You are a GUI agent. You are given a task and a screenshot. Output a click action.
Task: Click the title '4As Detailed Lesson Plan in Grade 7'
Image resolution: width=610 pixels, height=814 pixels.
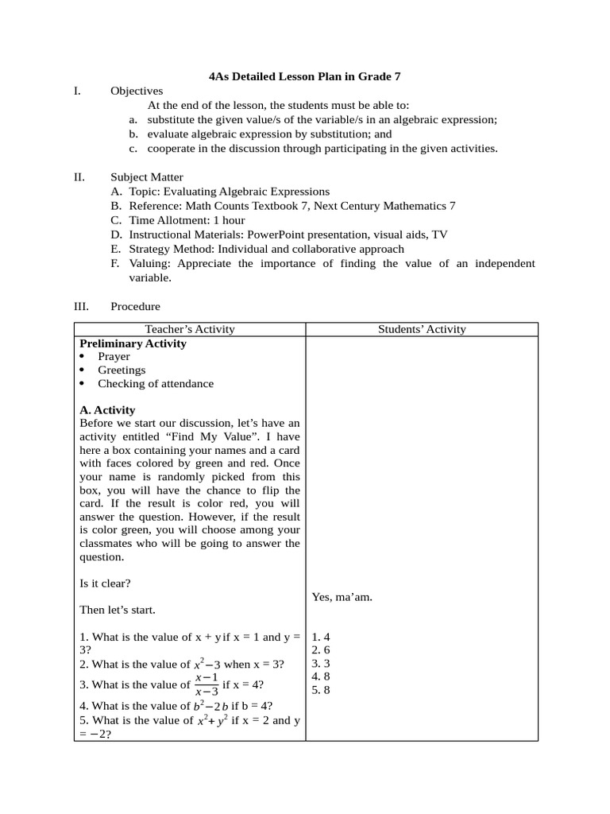tap(304, 77)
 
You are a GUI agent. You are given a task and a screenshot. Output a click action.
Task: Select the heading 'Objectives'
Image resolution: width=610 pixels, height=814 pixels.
tap(137, 91)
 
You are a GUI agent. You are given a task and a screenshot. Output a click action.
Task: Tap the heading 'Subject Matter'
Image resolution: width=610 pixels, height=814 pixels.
tap(146, 177)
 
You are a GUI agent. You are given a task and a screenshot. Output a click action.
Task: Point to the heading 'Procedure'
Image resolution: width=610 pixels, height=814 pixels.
tap(135, 306)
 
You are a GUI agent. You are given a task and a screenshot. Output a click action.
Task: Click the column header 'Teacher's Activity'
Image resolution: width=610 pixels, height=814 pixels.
tap(190, 329)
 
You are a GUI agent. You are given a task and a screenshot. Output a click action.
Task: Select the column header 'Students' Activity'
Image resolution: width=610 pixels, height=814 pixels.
tap(422, 329)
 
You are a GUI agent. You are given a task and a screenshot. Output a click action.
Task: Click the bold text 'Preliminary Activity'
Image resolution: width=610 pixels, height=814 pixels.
tap(133, 343)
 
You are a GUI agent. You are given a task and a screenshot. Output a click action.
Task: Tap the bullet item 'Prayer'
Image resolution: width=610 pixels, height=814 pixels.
tap(114, 357)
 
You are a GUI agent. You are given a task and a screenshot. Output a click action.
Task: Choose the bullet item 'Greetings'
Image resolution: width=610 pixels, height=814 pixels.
tap(122, 370)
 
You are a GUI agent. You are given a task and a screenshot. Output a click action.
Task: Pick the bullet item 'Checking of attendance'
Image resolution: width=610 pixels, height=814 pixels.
tap(156, 384)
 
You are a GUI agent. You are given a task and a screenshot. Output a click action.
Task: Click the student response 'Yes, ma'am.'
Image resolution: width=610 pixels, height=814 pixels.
tap(342, 597)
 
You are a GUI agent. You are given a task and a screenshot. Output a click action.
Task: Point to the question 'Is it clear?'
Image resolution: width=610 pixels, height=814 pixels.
tap(106, 583)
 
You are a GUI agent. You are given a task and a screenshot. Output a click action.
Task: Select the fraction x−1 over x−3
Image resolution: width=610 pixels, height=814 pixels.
tap(210, 684)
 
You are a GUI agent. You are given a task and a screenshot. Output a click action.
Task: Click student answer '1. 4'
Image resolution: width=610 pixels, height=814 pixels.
tap(321, 638)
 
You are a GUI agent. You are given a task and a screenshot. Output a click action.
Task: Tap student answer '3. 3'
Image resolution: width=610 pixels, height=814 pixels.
tap(321, 664)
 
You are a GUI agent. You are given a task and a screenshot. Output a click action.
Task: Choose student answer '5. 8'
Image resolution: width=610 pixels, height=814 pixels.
tap(321, 690)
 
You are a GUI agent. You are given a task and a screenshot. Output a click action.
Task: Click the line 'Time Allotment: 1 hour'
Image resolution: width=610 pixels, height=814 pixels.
tap(187, 220)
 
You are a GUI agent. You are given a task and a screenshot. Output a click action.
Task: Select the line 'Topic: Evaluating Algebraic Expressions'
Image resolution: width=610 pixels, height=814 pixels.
tap(229, 192)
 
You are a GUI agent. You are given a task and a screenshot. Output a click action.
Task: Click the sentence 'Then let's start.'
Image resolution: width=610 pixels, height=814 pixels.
tap(118, 610)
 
